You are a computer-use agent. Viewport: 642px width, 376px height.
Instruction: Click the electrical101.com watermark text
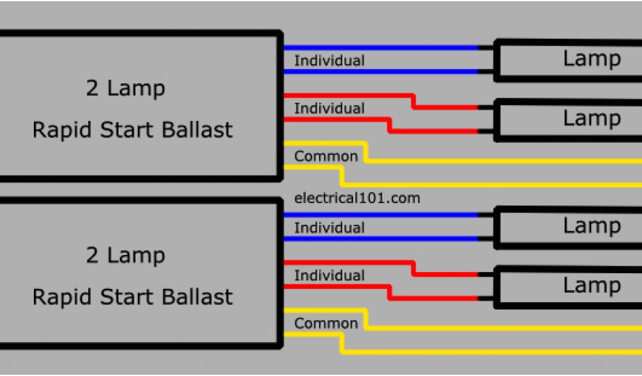click(357, 199)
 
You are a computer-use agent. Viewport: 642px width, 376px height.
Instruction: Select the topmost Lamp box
click(567, 60)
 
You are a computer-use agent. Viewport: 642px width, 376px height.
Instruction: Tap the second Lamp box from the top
click(567, 119)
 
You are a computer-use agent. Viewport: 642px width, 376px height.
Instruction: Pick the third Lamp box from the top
click(567, 227)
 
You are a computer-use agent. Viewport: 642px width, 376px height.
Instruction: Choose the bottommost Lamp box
click(567, 286)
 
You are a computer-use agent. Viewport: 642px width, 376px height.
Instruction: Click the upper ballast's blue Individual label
click(329, 61)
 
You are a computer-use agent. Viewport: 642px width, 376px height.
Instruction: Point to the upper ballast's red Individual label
click(329, 108)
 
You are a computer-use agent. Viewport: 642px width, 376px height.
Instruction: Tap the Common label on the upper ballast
click(326, 156)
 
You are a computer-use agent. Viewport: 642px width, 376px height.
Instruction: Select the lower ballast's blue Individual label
click(329, 227)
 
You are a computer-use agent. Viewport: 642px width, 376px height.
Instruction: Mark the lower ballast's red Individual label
click(329, 276)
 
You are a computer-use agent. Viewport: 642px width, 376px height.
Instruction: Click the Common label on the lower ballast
click(326, 323)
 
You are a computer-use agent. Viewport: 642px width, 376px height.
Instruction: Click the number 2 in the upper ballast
click(92, 89)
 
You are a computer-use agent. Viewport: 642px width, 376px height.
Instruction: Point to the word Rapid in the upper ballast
click(58, 130)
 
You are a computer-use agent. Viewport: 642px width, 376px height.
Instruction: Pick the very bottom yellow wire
click(489, 352)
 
